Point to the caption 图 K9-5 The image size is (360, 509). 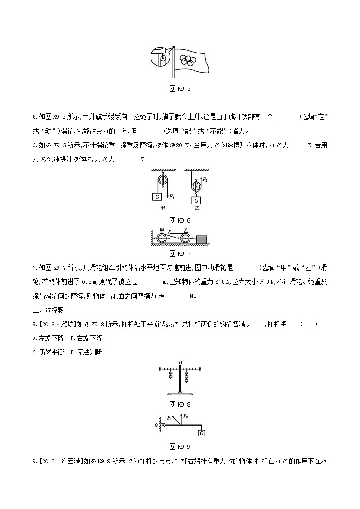coord(180,88)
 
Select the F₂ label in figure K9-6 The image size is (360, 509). coord(204,180)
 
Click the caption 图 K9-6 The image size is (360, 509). coord(180,220)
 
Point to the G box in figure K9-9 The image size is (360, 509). coord(202,433)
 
